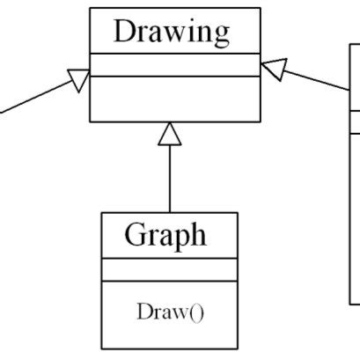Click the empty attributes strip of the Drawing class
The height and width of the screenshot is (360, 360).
pyautogui.click(x=174, y=64)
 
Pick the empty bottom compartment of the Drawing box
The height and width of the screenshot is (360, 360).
pyautogui.click(x=174, y=98)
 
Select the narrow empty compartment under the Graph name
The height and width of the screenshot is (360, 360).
pyautogui.click(x=169, y=268)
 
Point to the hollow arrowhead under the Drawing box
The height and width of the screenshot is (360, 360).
pyautogui.click(x=170, y=133)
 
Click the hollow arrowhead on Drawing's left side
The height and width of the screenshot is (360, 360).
pyautogui.click(x=79, y=82)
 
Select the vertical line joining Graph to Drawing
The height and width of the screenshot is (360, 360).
pyautogui.click(x=170, y=180)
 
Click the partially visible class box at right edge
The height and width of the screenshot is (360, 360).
pyautogui.click(x=355, y=176)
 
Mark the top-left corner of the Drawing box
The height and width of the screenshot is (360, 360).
pyautogui.click(x=90, y=8)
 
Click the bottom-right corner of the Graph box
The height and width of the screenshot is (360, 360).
pyautogui.click(x=237, y=346)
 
